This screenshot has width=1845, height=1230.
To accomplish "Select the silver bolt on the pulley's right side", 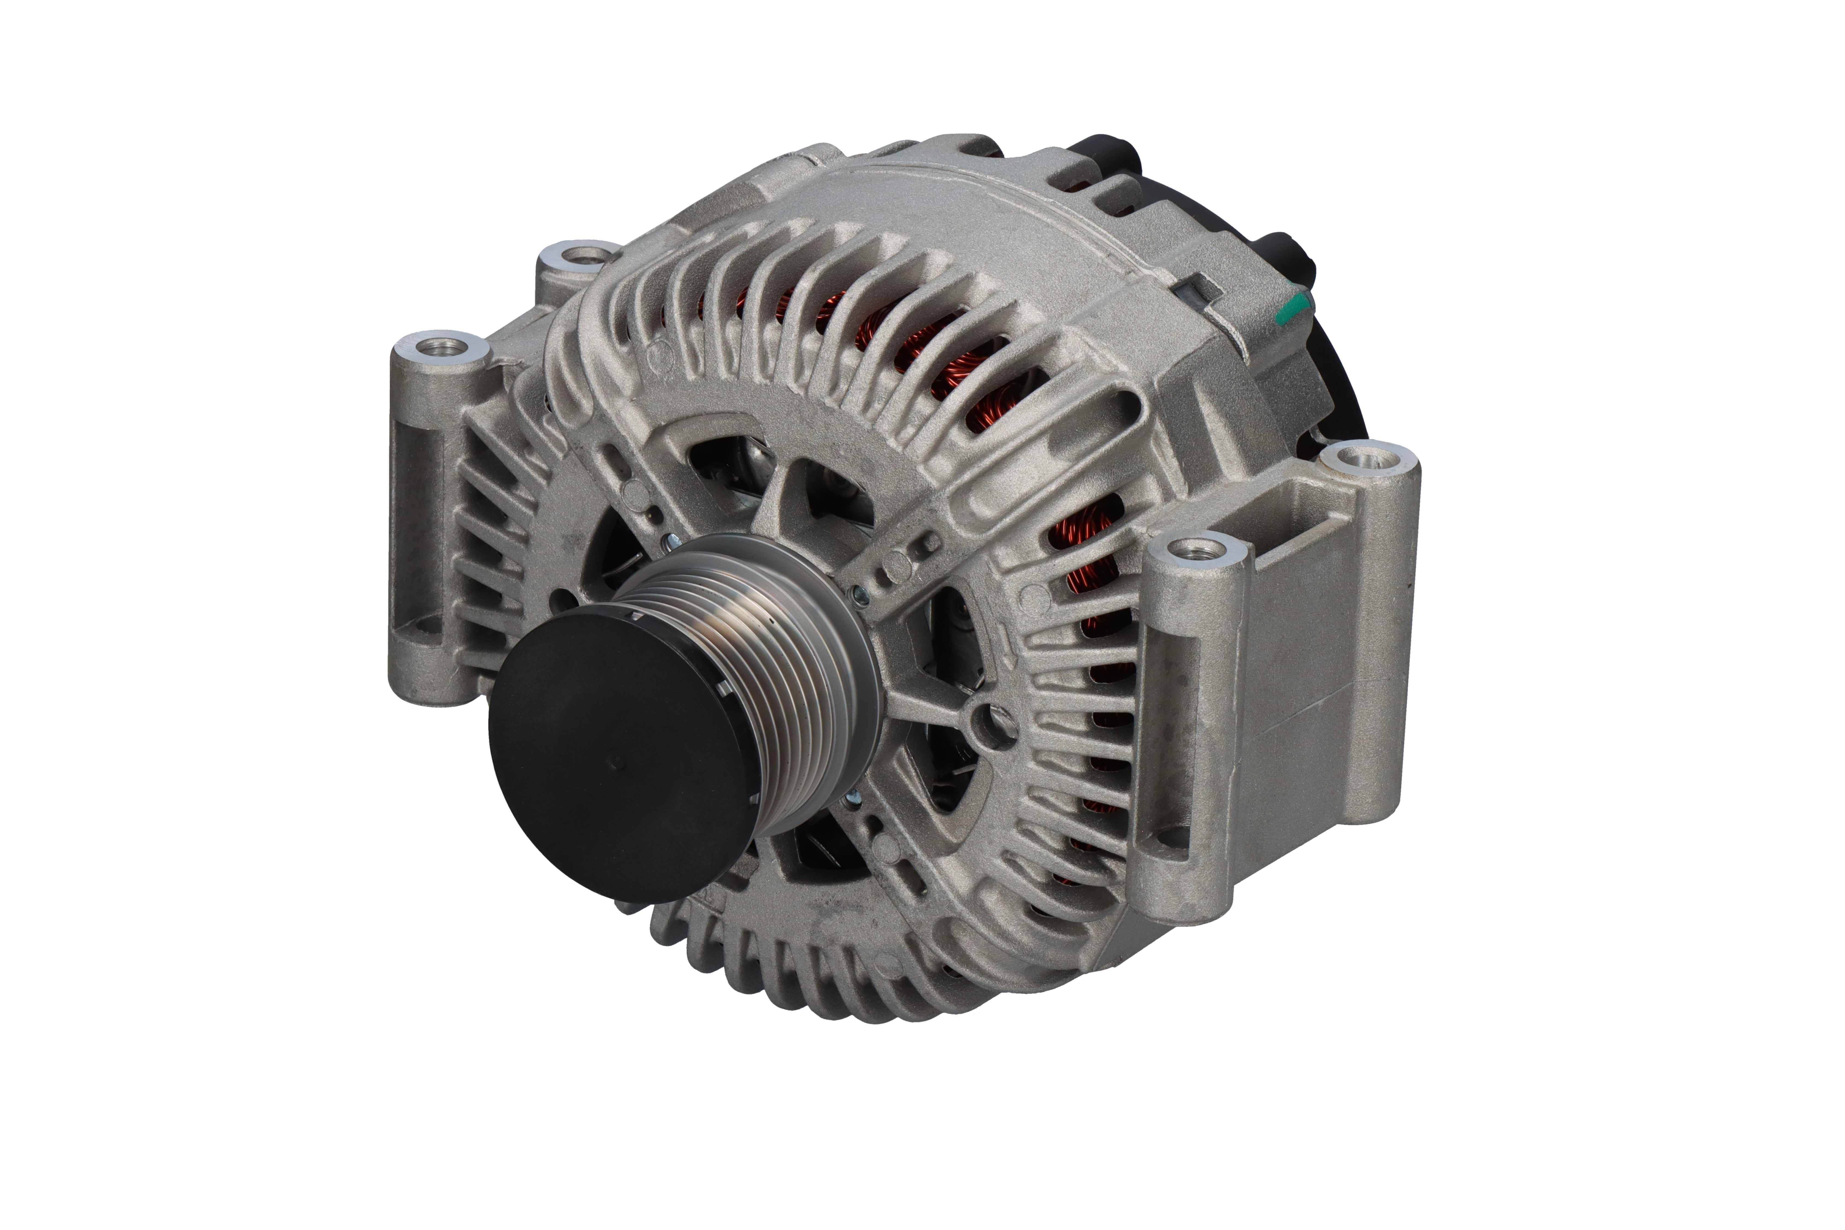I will (859, 596).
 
